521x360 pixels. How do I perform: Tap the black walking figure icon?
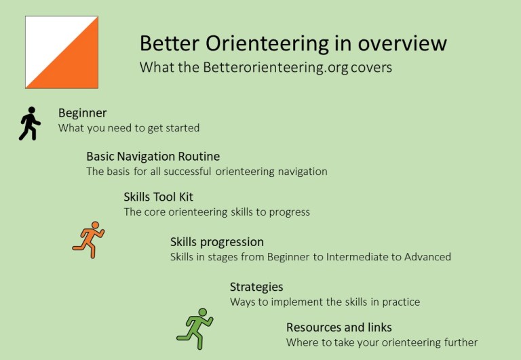(x=30, y=123)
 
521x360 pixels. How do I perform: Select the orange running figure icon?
(x=89, y=239)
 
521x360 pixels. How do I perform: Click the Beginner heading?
(x=82, y=113)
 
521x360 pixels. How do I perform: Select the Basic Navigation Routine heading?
(x=153, y=157)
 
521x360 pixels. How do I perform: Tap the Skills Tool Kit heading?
(x=158, y=197)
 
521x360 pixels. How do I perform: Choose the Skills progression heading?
(x=216, y=242)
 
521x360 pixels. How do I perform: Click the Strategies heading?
(x=256, y=287)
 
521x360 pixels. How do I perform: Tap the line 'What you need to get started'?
(x=128, y=127)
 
